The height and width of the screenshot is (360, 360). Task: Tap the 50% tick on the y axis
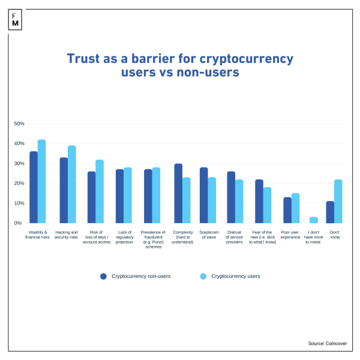(19, 124)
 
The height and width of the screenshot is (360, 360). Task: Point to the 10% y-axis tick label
(19, 203)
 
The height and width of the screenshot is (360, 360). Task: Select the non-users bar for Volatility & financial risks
(34, 187)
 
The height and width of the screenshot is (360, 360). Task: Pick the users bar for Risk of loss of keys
(100, 191)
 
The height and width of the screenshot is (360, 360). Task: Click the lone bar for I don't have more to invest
(313, 220)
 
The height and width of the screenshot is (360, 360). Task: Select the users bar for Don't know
(338, 201)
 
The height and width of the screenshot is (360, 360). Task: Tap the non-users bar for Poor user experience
(287, 210)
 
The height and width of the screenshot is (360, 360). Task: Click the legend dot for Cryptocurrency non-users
(103, 277)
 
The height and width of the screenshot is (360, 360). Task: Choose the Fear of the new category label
(263, 237)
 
